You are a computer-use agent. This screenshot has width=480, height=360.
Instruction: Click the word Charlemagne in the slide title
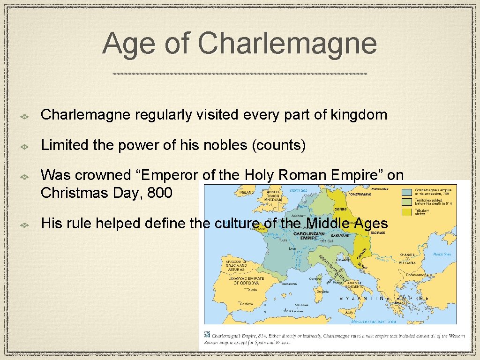(x=287, y=44)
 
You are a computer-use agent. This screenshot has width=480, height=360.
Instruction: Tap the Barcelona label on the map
(x=289, y=284)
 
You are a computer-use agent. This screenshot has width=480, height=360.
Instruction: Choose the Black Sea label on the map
(x=442, y=254)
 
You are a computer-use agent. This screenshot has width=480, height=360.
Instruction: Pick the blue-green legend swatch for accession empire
(x=407, y=192)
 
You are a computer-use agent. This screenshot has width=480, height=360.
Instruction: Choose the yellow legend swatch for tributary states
(x=407, y=211)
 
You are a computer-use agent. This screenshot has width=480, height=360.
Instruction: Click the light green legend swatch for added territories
(x=407, y=202)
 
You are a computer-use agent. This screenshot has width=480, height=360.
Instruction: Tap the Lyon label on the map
(x=293, y=248)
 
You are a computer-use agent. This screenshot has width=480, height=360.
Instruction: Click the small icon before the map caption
(x=207, y=335)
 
